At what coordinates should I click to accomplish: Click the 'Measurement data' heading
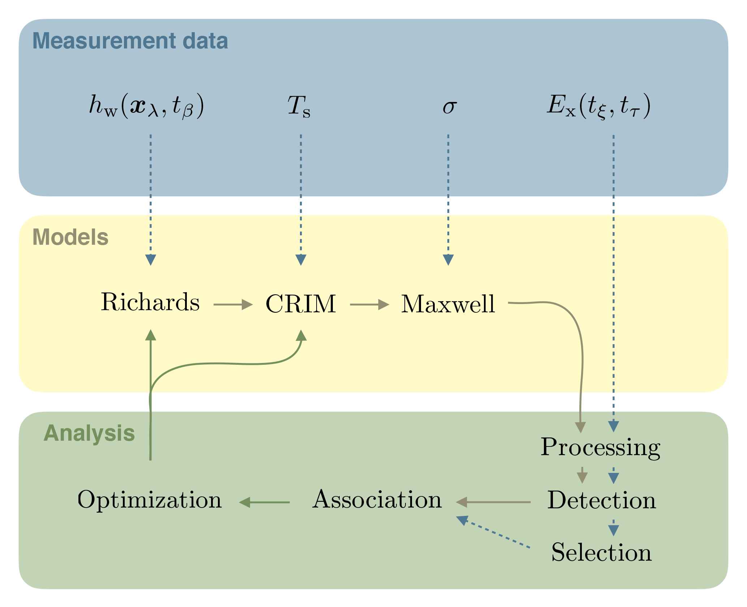[130, 41]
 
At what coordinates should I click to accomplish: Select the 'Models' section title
[70, 237]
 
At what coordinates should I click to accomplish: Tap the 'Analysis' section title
[89, 433]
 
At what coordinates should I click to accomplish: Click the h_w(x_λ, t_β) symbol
[147, 106]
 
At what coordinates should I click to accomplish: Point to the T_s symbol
[299, 106]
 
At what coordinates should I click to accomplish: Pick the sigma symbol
[450, 107]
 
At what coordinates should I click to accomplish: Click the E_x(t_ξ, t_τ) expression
[598, 106]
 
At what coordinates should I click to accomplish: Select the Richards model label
[150, 302]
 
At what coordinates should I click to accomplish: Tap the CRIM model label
[301, 304]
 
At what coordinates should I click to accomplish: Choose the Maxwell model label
[448, 304]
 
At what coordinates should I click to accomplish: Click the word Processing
[600, 448]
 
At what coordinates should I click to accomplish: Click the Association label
[377, 500]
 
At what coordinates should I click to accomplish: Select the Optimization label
[150, 500]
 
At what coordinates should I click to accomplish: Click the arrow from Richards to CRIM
[233, 304]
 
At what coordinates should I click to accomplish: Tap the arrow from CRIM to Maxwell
[369, 304]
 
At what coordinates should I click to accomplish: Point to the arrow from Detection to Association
[493, 502]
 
